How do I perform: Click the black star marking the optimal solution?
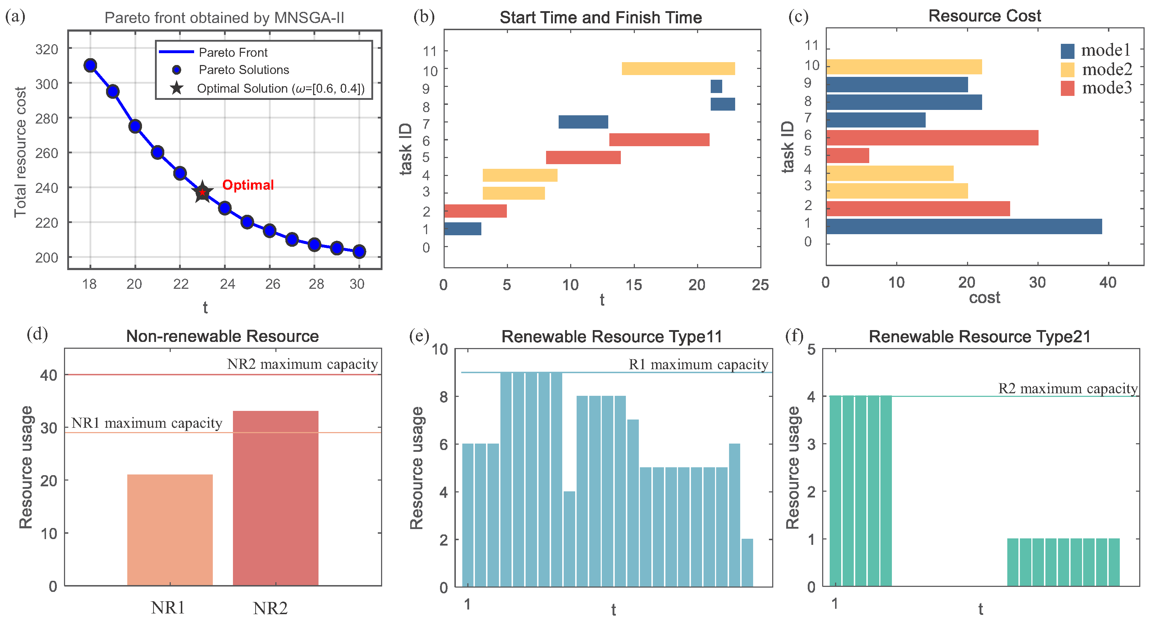(x=202, y=192)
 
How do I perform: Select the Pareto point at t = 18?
(x=90, y=66)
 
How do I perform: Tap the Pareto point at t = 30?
(x=359, y=252)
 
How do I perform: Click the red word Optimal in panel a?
(x=248, y=185)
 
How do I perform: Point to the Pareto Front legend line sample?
(x=177, y=52)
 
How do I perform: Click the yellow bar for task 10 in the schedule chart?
(x=678, y=69)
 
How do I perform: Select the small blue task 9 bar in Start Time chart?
(x=716, y=87)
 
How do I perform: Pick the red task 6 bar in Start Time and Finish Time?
(x=659, y=140)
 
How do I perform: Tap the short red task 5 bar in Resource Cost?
(x=847, y=156)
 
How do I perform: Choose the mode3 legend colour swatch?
(x=1067, y=88)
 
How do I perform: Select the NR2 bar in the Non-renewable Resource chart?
(x=275, y=498)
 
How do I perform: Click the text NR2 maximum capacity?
(x=302, y=365)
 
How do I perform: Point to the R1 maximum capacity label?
(x=698, y=365)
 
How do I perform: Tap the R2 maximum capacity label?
(x=1068, y=389)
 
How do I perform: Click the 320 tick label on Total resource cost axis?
(x=47, y=49)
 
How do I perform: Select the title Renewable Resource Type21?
(x=980, y=337)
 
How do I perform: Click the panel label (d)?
(x=37, y=334)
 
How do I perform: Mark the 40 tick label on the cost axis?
(x=1108, y=282)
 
